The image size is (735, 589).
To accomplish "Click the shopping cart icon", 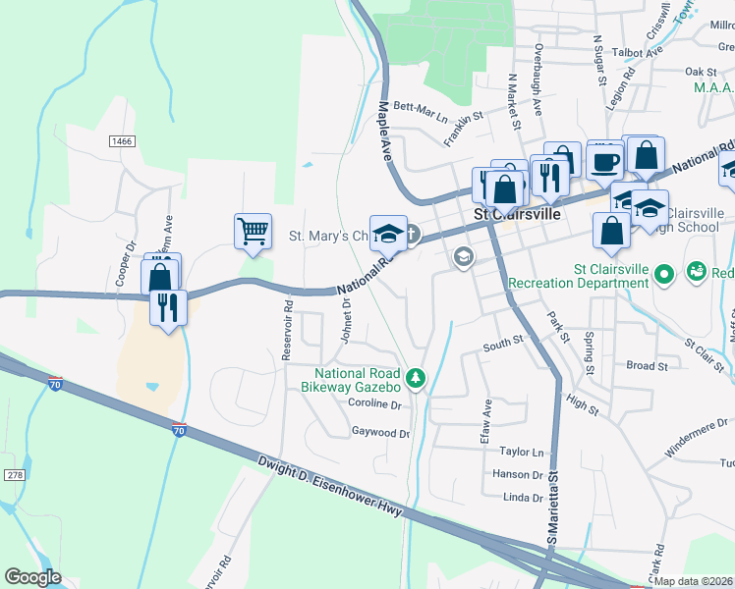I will click(253, 232).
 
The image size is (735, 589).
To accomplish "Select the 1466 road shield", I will click(122, 141).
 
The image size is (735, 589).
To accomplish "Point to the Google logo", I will click(32, 577).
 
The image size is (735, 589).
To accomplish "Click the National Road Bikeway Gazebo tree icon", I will click(417, 378).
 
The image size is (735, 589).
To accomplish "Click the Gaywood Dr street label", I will click(380, 432).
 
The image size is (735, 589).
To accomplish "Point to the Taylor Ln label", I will click(521, 453).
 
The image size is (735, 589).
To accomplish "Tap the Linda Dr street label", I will click(523, 498).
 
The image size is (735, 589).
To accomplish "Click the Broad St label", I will click(647, 366).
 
